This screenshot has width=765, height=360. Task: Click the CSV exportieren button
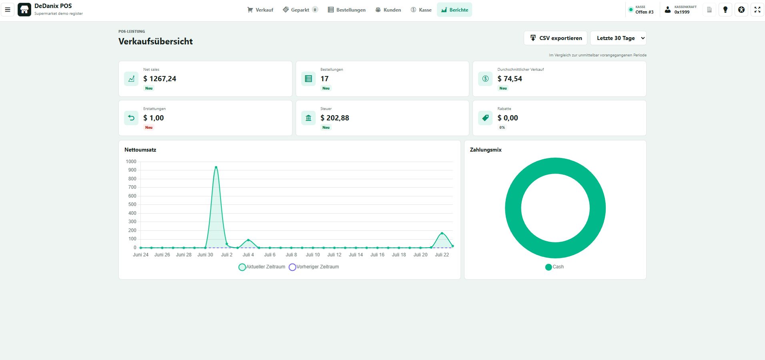[555, 38]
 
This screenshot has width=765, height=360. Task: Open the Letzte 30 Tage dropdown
[618, 38]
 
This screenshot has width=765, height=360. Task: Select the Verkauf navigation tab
[260, 10]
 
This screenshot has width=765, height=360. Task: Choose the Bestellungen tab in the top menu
[346, 10]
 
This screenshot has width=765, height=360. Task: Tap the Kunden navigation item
[388, 10]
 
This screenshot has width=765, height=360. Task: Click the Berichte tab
[455, 10]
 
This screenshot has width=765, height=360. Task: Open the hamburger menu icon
[8, 10]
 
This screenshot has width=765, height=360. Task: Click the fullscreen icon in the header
[757, 10]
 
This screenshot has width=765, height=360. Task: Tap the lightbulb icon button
[725, 10]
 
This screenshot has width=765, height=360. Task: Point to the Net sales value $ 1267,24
[160, 79]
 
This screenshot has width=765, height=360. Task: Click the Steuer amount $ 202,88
[334, 118]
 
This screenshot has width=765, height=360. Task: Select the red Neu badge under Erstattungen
[149, 128]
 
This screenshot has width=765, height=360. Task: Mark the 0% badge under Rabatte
[502, 128]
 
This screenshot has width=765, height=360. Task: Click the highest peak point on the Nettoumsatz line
[216, 167]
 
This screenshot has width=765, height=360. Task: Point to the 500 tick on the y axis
[132, 204]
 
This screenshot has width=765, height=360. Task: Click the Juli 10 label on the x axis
[313, 255]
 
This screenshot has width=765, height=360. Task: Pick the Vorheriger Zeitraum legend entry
[314, 267]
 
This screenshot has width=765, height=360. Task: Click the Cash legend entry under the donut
[555, 267]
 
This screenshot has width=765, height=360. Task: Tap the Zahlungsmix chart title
[486, 150]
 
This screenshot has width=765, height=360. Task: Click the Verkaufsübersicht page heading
[156, 41]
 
